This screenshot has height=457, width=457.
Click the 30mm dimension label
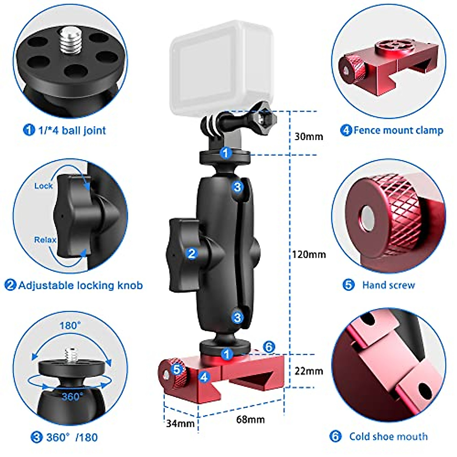click(x=308, y=136)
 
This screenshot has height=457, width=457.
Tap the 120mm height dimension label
click(x=309, y=254)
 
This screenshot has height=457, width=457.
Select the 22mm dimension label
click(x=308, y=371)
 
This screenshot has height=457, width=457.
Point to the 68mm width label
click(x=250, y=419)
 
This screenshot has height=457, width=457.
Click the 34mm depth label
click(x=180, y=423)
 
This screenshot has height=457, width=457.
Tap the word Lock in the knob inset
click(x=43, y=186)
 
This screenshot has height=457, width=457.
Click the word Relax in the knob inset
click(x=45, y=240)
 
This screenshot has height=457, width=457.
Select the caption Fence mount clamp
click(x=398, y=130)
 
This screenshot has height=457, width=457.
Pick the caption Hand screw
click(x=388, y=285)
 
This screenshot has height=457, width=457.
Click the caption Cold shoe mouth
click(x=388, y=436)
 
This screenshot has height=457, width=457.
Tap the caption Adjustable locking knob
click(x=80, y=285)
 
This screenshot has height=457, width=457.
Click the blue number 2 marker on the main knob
click(x=192, y=253)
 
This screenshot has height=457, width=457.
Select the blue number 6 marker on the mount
click(x=269, y=347)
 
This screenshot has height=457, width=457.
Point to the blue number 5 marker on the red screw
click(x=176, y=369)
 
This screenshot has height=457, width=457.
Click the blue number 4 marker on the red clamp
click(x=204, y=377)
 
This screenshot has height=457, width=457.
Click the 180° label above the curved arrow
click(x=70, y=326)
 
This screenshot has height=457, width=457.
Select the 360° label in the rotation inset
click(x=72, y=396)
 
